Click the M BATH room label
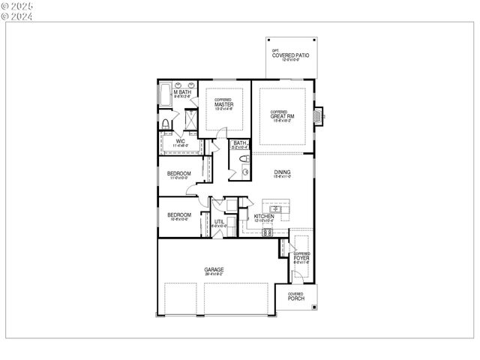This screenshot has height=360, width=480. (x=182, y=93)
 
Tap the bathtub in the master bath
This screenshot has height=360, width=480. (x=164, y=97)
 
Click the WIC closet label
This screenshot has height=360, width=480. (x=180, y=141)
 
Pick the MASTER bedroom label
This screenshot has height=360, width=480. (x=224, y=105)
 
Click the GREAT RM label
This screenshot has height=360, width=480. (x=283, y=116)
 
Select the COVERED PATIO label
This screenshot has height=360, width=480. (x=290, y=55)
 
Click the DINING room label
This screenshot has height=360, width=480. (x=282, y=172)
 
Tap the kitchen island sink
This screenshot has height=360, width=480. (x=276, y=209)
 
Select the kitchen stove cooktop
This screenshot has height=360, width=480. (x=266, y=232)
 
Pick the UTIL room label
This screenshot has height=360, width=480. (x=219, y=222)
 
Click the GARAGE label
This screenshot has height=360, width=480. (x=214, y=270)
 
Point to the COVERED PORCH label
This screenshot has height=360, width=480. (x=295, y=297)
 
